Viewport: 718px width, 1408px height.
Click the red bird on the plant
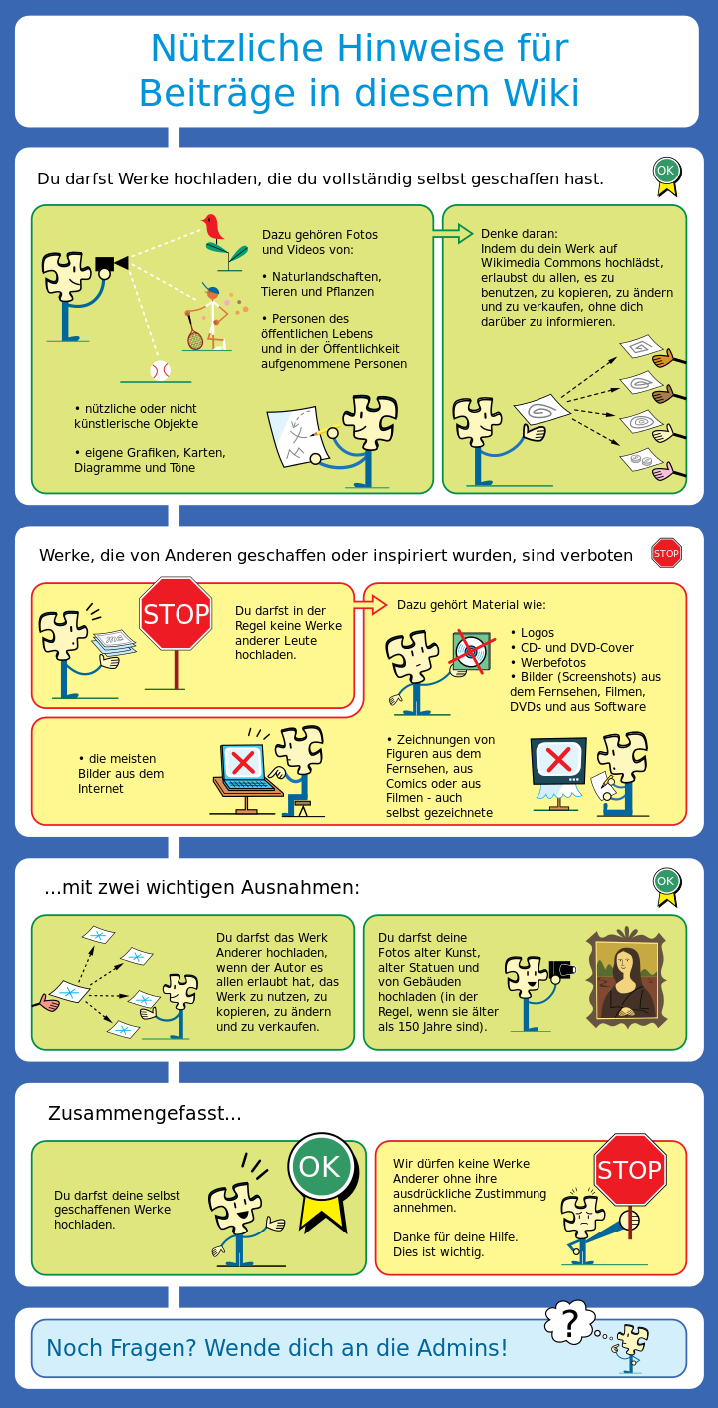[213, 228]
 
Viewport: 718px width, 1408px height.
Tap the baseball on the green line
[160, 370]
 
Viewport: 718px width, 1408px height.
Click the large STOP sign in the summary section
[629, 1170]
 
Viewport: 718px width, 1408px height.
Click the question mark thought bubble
[569, 1323]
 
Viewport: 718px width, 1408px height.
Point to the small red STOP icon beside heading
[666, 553]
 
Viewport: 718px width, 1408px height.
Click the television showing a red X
[559, 760]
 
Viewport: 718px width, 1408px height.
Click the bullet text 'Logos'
[537, 633]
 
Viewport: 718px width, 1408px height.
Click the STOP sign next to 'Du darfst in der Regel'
[176, 614]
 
